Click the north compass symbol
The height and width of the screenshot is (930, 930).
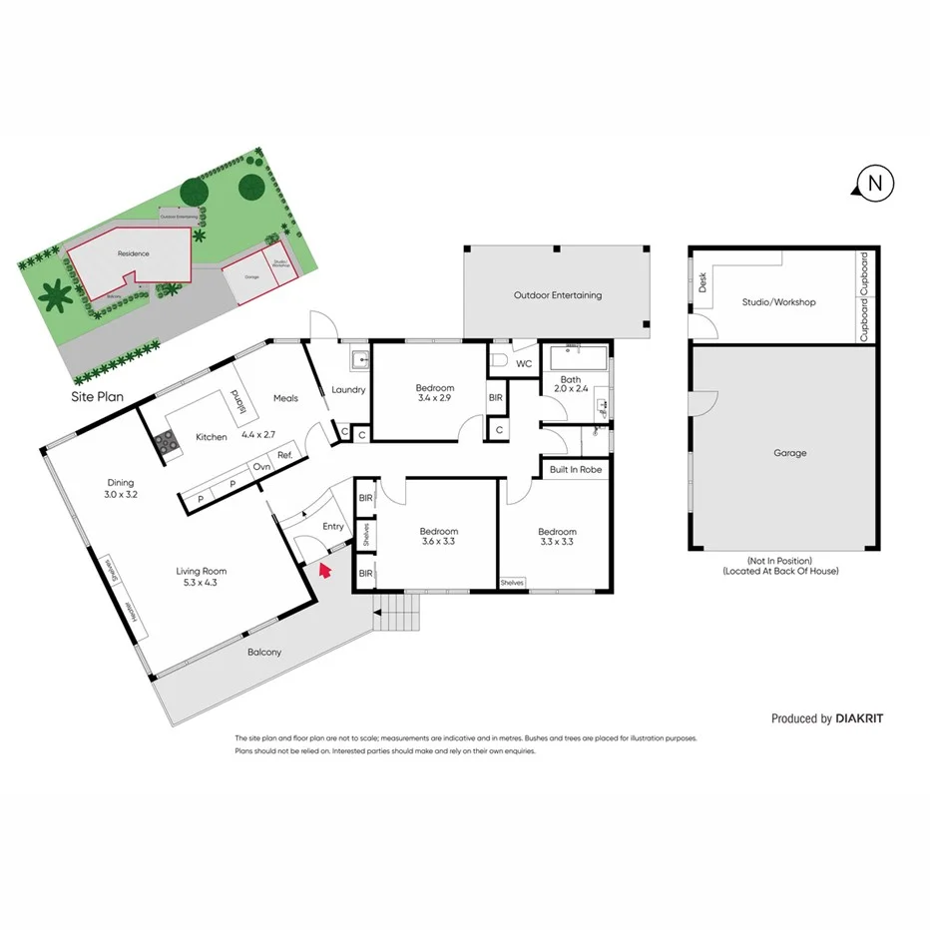[874, 183]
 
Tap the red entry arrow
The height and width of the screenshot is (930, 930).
[323, 571]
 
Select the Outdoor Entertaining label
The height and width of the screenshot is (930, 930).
[557, 295]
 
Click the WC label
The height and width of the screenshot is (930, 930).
[524, 363]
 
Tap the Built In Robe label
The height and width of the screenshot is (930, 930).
[574, 469]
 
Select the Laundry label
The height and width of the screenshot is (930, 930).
[348, 390]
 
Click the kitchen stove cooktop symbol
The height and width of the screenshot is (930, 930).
[167, 443]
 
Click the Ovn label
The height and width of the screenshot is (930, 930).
[261, 467]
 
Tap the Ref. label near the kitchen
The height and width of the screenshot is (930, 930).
[284, 456]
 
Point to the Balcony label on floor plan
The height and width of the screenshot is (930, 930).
[264, 652]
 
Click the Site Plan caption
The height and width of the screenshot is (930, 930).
[97, 397]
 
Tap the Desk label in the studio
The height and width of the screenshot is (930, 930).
[702, 283]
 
